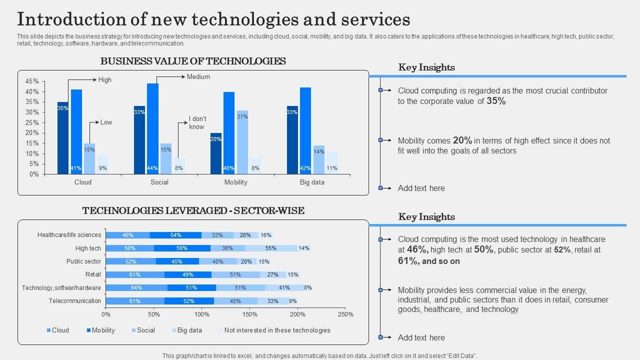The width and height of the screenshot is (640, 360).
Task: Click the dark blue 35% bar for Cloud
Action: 62,138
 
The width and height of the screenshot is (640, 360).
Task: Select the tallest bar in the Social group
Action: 152,128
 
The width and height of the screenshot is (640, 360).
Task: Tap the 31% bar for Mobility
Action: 242,142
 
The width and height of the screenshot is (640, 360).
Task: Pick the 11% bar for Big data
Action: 332,162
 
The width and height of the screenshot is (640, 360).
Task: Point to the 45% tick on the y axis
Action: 32,81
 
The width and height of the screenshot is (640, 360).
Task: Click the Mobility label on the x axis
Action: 235,182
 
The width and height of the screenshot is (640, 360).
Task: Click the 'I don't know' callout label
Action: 197,122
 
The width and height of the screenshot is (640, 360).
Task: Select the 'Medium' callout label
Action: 198,77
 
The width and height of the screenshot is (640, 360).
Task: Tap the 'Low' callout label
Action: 106,122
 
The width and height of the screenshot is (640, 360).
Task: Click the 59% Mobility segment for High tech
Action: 182,248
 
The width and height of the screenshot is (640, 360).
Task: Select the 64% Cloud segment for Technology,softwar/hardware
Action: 136,288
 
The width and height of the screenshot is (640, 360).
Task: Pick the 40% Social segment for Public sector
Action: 218,261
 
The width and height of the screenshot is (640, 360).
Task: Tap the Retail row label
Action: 93,274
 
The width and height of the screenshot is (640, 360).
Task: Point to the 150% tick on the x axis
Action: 249,314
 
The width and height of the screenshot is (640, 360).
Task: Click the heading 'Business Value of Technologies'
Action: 193,61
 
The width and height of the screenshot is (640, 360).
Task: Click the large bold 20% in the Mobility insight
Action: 462,140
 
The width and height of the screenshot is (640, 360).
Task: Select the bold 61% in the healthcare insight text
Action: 407,261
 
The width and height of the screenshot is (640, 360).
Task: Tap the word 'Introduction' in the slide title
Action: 75,20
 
